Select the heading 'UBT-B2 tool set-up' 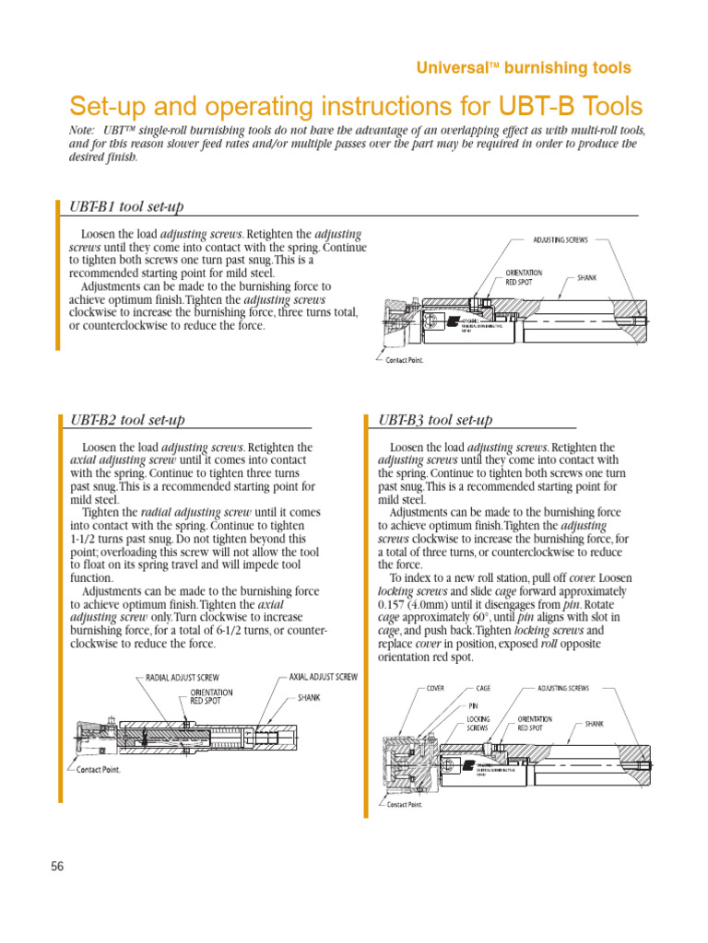point(127,419)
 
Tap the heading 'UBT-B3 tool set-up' point(436,419)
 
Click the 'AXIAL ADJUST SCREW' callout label point(323,677)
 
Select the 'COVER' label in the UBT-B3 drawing point(435,688)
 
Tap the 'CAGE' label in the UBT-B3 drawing point(484,688)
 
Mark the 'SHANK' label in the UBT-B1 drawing point(587,276)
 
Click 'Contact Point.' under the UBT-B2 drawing point(98,769)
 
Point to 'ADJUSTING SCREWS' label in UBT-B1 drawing point(560,239)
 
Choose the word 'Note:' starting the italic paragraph point(83,131)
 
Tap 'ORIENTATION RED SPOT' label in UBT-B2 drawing point(211,696)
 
